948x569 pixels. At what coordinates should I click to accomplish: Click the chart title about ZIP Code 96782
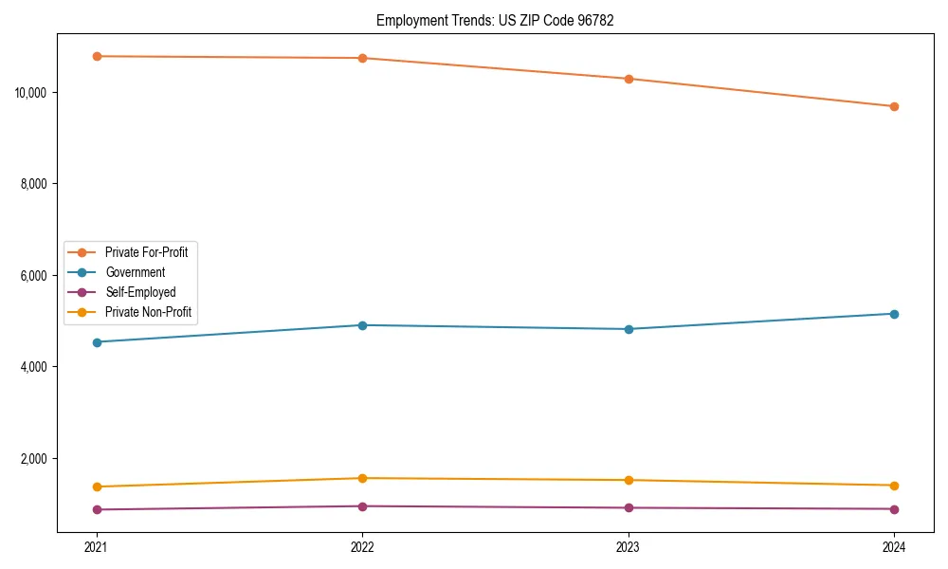pyautogui.click(x=495, y=20)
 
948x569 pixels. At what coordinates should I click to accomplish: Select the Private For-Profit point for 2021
pyautogui.click(x=96, y=56)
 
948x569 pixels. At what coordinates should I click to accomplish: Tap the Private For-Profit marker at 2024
pyautogui.click(x=894, y=106)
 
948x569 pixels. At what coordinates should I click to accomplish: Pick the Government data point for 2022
pyautogui.click(x=362, y=325)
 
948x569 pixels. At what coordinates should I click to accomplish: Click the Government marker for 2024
pyautogui.click(x=894, y=314)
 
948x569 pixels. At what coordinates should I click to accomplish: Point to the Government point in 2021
pyautogui.click(x=96, y=342)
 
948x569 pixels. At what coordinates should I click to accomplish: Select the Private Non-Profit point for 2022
pyautogui.click(x=362, y=478)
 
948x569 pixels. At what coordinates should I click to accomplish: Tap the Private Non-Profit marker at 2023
pyautogui.click(x=629, y=480)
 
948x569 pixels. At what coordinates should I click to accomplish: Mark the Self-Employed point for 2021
pyautogui.click(x=96, y=509)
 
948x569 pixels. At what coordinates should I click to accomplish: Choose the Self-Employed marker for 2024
pyautogui.click(x=894, y=509)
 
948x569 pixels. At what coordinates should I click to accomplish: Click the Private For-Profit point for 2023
pyautogui.click(x=629, y=79)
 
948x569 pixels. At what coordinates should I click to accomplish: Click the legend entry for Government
pyautogui.click(x=135, y=272)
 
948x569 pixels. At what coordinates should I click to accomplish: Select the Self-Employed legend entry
pyautogui.click(x=140, y=292)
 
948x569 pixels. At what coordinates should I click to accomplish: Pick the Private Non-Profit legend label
pyautogui.click(x=149, y=312)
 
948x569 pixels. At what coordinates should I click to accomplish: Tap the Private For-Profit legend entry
pyautogui.click(x=146, y=252)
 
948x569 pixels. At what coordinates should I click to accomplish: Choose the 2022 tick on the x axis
pyautogui.click(x=362, y=546)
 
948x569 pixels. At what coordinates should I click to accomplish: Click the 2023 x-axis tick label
pyautogui.click(x=629, y=546)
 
